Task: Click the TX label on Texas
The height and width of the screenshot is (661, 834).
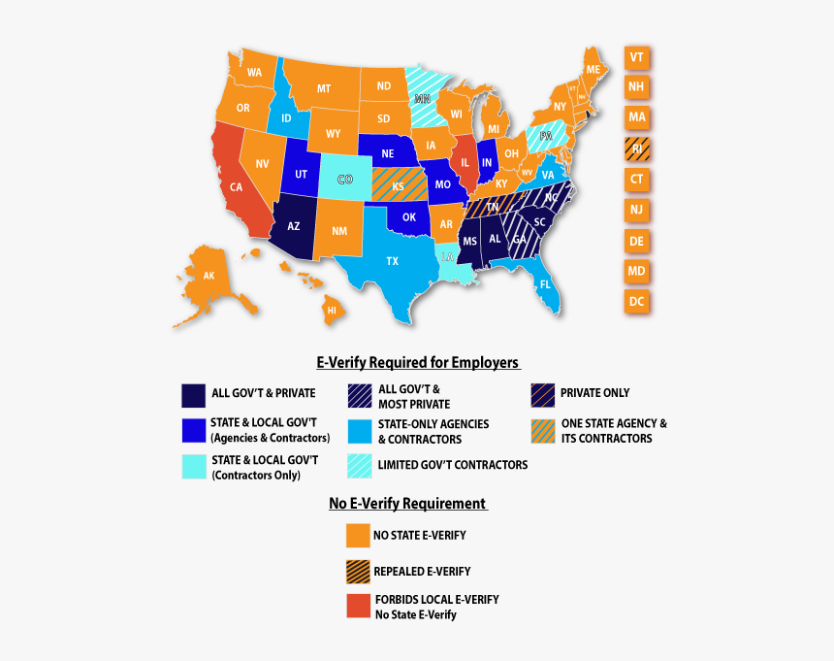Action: (x=392, y=261)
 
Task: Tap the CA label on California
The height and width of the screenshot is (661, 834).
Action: (x=236, y=187)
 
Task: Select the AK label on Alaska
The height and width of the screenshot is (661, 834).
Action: (x=208, y=275)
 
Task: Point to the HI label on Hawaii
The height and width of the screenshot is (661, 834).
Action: (x=331, y=310)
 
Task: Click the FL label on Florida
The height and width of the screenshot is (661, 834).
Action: (x=545, y=285)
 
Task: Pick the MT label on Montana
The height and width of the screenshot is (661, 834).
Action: (x=324, y=89)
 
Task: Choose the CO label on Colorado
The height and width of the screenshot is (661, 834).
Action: (x=344, y=180)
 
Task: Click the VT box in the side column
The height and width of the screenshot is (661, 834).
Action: (x=636, y=57)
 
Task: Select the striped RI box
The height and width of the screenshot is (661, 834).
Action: (x=636, y=149)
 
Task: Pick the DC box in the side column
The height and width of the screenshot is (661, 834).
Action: (x=636, y=302)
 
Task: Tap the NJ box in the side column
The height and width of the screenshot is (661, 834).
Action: (x=636, y=210)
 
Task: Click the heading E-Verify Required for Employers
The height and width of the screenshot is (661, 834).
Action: (x=418, y=363)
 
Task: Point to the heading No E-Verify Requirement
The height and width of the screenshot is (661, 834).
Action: (x=407, y=504)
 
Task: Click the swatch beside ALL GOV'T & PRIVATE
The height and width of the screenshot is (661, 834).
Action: (x=193, y=394)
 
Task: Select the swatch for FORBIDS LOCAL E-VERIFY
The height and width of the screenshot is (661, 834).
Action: (x=358, y=607)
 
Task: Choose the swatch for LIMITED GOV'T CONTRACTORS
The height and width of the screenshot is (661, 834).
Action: (x=360, y=466)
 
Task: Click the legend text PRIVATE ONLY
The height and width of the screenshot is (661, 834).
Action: (x=594, y=393)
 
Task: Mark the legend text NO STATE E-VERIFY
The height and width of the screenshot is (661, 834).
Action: (x=419, y=536)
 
